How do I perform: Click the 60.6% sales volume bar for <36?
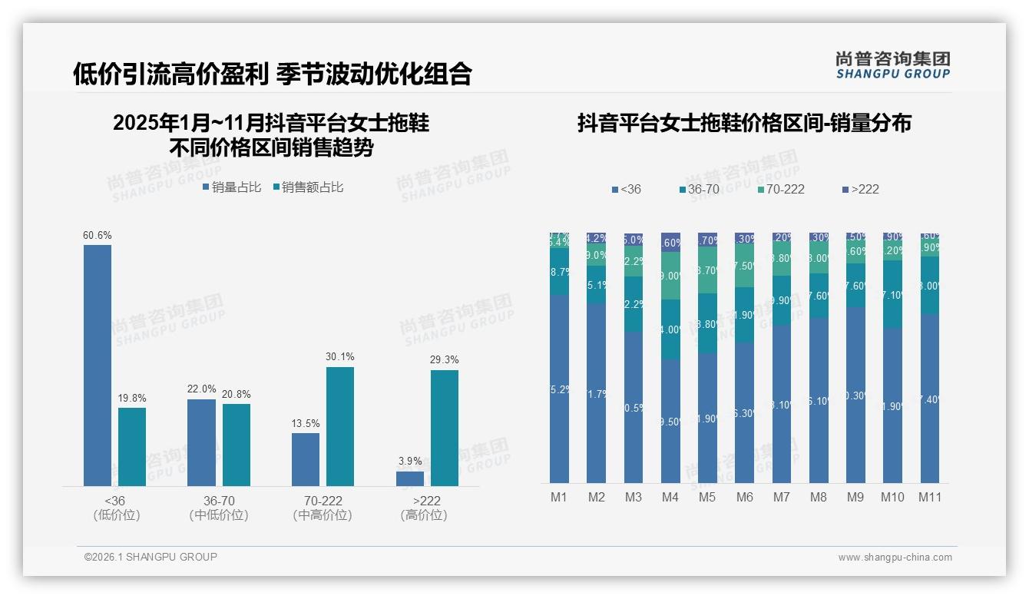98,365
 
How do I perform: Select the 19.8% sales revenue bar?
132,446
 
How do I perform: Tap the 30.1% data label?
340,357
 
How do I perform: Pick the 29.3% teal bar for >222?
444,428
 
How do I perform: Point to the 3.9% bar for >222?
410,478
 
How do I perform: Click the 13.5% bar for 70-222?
306,459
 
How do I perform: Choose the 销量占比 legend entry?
231,187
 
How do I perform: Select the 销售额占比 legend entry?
307,187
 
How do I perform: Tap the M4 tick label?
670,498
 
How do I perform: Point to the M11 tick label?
929,498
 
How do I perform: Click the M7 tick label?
781,498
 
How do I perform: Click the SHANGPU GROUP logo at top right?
892,65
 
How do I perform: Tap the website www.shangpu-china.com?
895,558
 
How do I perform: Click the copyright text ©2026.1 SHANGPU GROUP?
151,557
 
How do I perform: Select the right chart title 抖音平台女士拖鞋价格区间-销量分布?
744,124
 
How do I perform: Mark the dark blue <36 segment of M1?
560,389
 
